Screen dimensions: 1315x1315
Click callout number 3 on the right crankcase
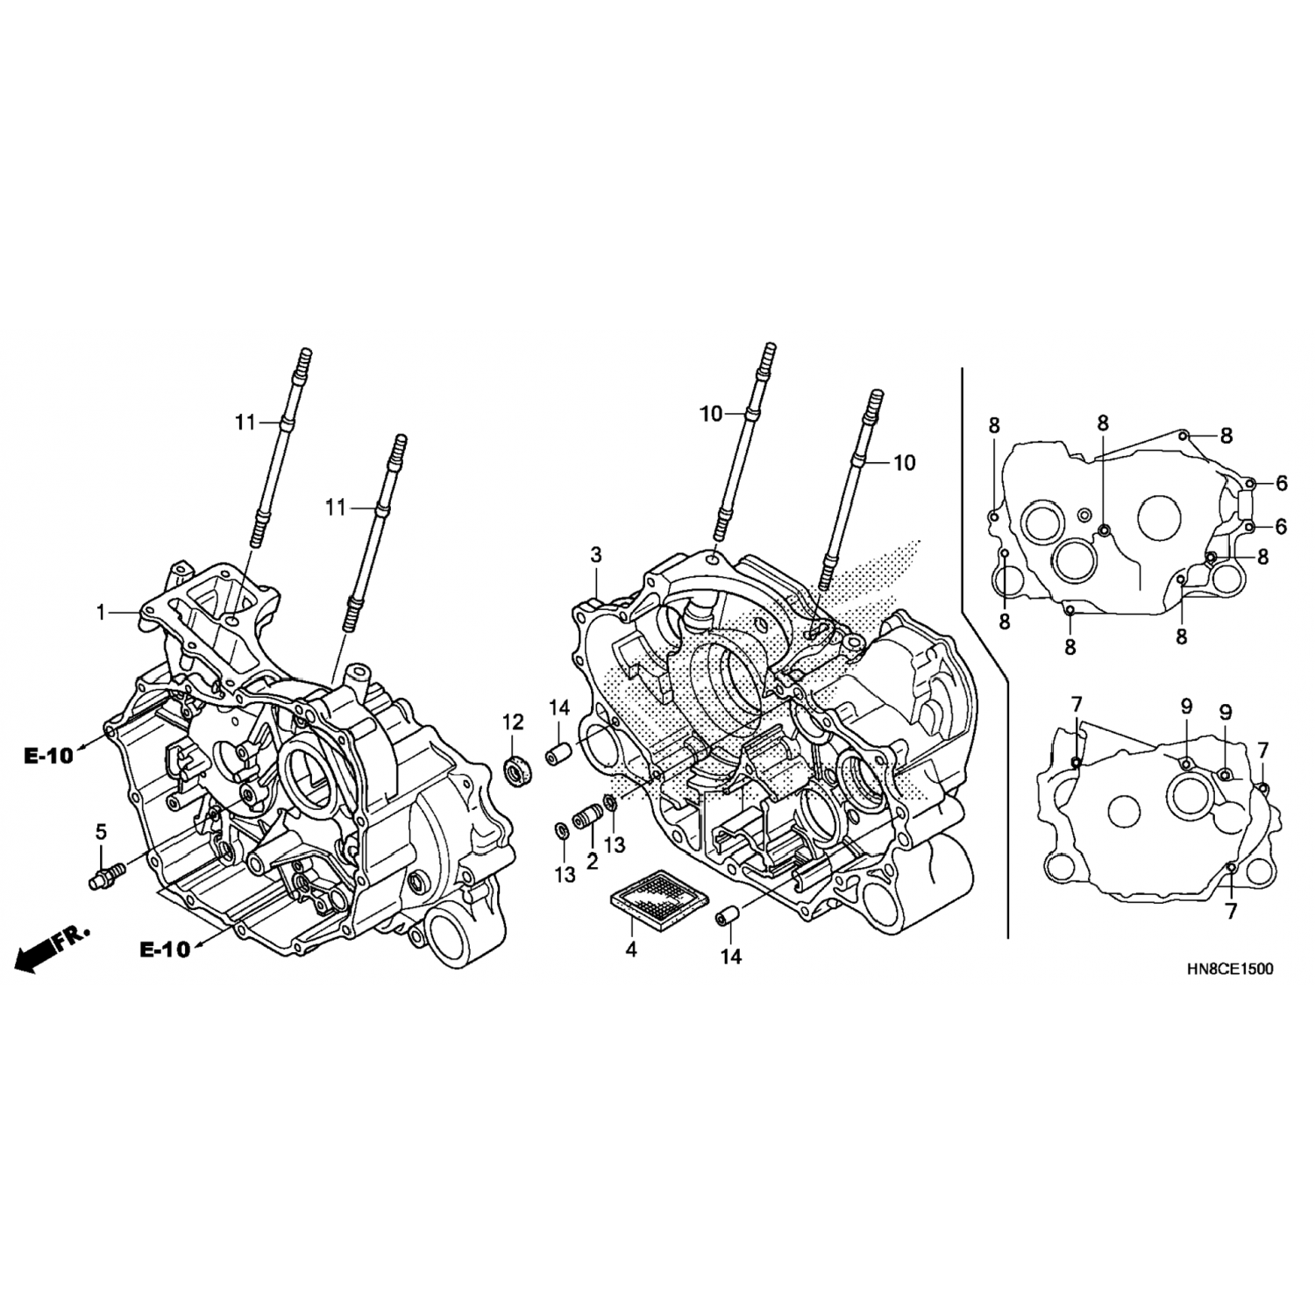596,555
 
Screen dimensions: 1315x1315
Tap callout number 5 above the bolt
101,830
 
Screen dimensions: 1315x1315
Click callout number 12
513,722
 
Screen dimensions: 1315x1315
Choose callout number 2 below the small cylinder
593,861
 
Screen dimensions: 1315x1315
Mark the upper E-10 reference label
48,757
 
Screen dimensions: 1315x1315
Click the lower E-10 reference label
165,949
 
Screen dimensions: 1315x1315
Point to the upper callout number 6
1282,482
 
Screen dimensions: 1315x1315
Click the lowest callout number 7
1231,912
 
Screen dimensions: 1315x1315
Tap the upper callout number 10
711,414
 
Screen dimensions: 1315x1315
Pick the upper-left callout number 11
245,423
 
